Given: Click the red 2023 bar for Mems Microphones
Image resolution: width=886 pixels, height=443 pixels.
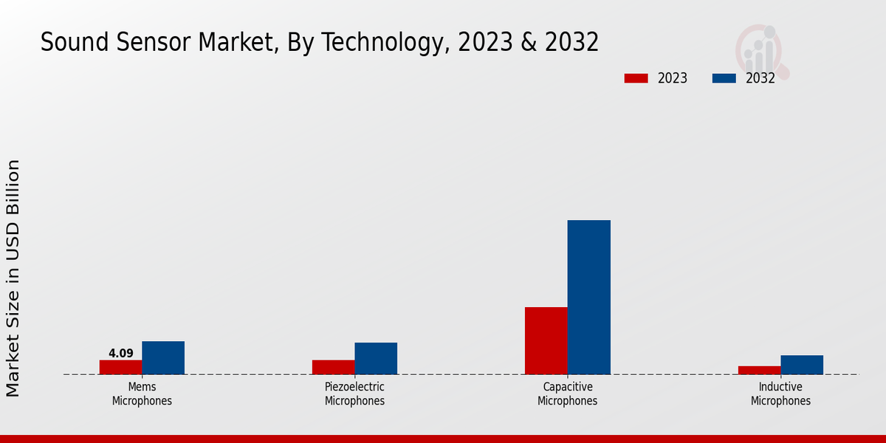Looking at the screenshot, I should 120,367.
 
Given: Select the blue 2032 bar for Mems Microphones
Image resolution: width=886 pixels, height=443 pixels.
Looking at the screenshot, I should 163,357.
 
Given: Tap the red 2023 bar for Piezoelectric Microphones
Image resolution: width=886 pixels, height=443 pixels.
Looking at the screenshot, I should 333,367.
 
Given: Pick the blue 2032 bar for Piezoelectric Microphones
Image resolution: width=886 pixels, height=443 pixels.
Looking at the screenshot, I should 376,358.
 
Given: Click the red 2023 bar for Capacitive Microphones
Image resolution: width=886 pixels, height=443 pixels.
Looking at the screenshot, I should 546,340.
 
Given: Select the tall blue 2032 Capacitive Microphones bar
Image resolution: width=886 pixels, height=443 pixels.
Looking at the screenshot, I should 589,297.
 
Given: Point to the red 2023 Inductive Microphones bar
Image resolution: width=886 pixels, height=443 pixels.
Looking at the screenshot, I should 759,370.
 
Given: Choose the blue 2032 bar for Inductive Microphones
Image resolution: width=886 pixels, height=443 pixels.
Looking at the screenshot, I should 802,365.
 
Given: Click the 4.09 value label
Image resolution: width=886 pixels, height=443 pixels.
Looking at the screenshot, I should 120,354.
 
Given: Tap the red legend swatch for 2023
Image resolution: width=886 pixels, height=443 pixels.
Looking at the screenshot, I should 636,78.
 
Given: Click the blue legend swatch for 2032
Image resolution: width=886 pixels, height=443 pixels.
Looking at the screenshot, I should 724,78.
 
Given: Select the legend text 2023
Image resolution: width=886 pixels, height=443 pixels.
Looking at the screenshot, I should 672,78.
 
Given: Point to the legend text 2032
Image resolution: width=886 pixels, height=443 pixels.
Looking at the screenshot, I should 760,78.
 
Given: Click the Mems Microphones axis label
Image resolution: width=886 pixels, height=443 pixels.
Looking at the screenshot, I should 142,394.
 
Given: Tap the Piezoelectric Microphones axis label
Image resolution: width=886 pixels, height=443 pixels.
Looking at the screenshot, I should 354,394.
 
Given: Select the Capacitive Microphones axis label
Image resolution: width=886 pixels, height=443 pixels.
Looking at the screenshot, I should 567,394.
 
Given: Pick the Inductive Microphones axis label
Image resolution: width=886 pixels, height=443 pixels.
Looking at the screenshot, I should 780,394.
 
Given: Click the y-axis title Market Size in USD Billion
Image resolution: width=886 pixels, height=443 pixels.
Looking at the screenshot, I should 13,278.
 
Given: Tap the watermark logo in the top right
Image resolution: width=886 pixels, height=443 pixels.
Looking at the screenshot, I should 761,50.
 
